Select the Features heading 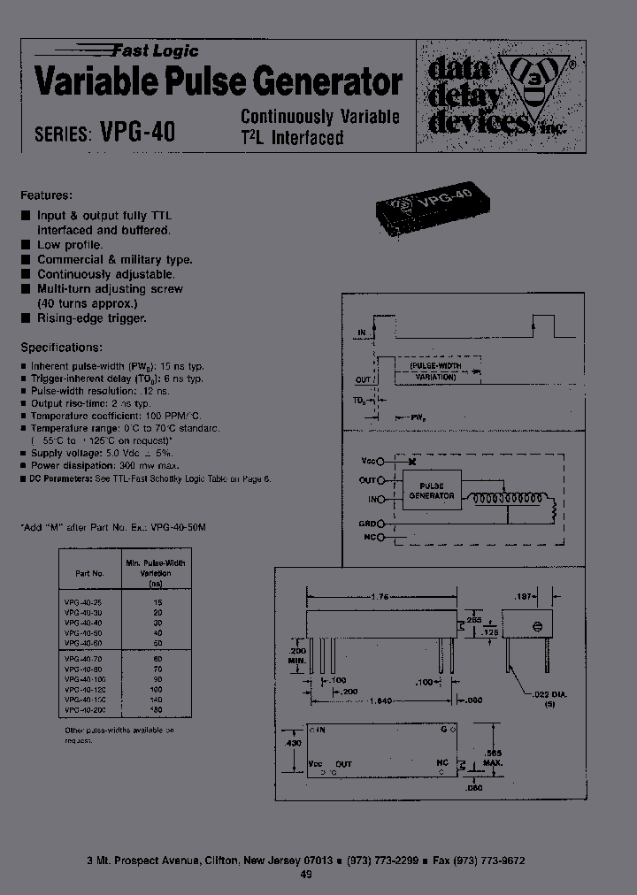46,195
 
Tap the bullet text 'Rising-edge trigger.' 92,317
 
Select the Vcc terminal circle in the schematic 380,461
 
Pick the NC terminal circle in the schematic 380,537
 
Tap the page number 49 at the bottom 306,875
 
